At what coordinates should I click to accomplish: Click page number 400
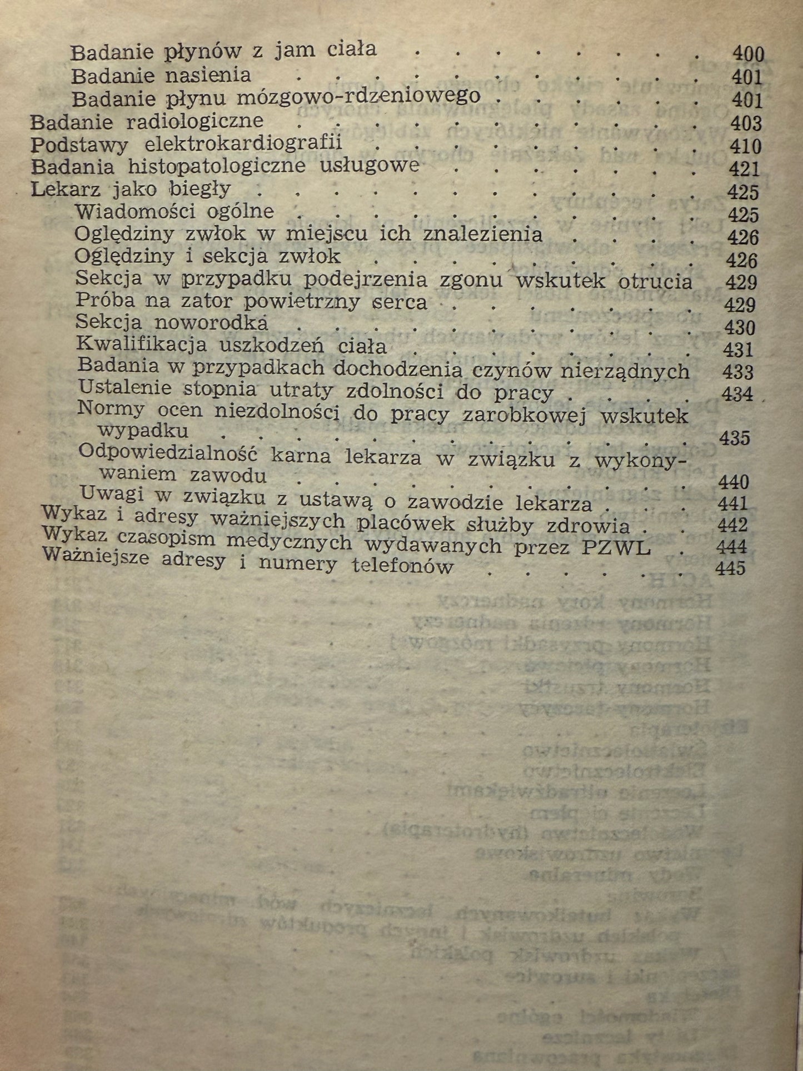coord(748,54)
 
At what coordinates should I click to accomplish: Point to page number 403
coord(745,123)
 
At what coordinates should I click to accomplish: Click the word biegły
coord(200,190)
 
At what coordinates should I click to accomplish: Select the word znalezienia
coord(482,233)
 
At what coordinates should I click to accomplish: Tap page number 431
coord(739,350)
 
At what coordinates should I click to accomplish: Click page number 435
coord(735,438)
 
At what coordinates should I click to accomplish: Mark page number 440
coord(734,481)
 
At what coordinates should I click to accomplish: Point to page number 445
coord(731,569)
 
